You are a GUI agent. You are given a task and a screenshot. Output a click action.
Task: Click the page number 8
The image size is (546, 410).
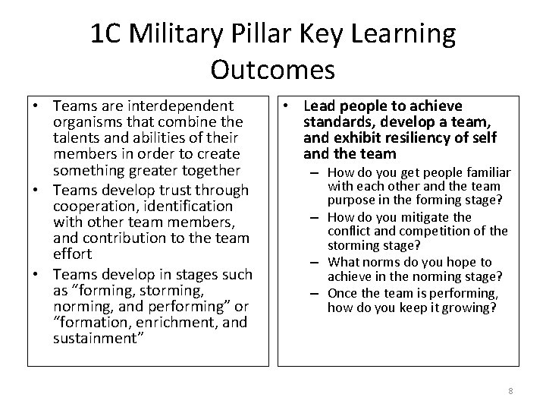click(x=510, y=390)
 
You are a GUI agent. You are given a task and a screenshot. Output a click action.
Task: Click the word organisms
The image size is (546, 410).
click(x=88, y=121)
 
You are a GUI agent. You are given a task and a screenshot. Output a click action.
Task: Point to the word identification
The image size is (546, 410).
click(x=191, y=205)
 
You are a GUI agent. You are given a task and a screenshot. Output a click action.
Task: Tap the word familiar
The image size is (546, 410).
click(x=481, y=172)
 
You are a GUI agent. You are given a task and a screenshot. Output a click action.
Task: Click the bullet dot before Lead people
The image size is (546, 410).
click(x=288, y=106)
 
